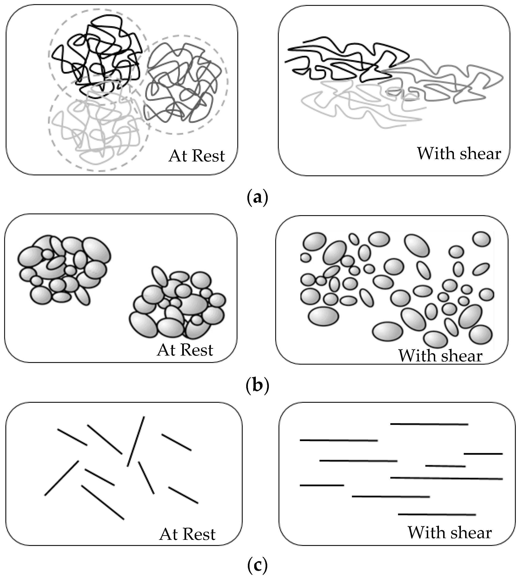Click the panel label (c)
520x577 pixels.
257,565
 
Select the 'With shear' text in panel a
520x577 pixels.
459,154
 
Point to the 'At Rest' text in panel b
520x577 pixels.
185,350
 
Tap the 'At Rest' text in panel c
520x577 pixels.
187,534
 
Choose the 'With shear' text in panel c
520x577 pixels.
450,533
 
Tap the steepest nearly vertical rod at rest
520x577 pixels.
136,441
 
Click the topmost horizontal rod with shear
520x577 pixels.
429,424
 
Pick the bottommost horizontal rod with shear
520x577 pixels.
437,514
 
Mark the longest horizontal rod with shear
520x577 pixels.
446,478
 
